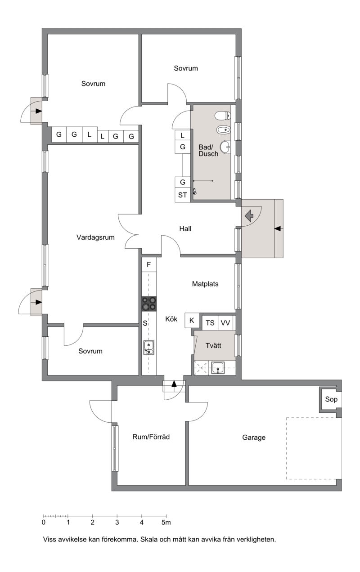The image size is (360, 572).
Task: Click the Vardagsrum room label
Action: (x=95, y=237)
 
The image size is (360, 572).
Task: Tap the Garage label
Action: (x=254, y=438)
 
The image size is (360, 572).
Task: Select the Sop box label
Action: (x=331, y=399)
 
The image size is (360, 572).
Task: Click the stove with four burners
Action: (x=149, y=304)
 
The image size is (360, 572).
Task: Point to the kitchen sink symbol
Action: (x=148, y=348)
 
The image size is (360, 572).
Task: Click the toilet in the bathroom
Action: (x=223, y=116)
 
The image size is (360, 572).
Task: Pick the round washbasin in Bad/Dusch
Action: (x=225, y=147)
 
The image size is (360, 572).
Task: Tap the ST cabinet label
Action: (x=182, y=195)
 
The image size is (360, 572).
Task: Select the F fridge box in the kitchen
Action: (x=149, y=264)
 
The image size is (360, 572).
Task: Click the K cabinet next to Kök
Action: (x=192, y=320)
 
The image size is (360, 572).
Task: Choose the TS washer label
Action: (x=210, y=323)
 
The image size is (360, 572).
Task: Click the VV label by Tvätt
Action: (x=225, y=323)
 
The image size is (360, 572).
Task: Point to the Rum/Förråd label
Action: (x=151, y=437)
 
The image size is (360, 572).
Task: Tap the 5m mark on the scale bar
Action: (x=166, y=523)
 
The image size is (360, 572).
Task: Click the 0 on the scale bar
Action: (x=44, y=523)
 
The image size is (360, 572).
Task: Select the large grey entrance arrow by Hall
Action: (x=249, y=215)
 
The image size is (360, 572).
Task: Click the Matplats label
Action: (x=205, y=284)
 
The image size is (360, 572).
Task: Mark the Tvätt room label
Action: (x=213, y=346)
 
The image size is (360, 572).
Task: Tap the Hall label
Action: (x=185, y=228)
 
